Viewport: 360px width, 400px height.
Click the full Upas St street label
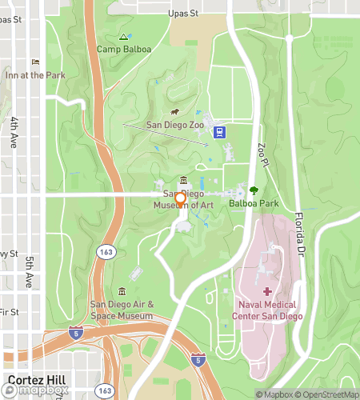(183, 14)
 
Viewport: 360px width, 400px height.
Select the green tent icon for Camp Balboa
(123, 37)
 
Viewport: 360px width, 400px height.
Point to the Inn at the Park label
(34, 75)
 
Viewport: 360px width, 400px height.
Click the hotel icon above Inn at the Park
(34, 62)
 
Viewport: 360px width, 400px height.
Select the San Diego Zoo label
(175, 125)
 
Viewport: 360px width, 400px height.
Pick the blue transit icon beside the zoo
(219, 133)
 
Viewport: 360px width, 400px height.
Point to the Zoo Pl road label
(262, 154)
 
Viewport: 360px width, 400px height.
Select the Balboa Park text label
(254, 204)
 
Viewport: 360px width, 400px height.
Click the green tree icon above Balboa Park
(254, 190)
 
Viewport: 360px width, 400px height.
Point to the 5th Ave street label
(29, 272)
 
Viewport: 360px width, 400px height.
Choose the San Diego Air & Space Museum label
(122, 310)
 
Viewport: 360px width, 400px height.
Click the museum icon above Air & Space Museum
(122, 290)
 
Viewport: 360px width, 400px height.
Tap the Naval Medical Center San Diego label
(267, 310)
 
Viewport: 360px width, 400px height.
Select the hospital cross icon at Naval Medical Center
(267, 292)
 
